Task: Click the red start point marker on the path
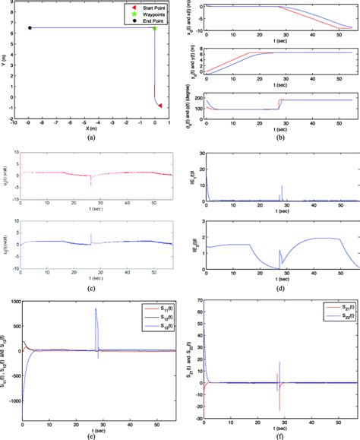coord(159,106)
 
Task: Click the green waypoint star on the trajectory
coord(154,28)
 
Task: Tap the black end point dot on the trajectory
coord(30,28)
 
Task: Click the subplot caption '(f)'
coord(277,435)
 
